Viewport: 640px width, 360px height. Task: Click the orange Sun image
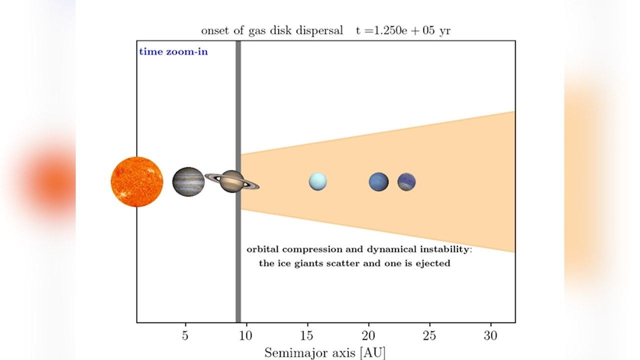137,181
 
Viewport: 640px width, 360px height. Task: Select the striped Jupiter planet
188,181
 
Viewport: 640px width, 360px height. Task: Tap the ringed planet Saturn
232,181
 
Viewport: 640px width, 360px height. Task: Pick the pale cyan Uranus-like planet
317,181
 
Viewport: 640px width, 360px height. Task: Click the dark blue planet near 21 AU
378,181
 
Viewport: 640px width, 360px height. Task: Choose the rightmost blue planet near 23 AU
406,181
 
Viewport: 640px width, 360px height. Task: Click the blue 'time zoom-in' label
173,52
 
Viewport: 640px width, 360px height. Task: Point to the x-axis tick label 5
185,335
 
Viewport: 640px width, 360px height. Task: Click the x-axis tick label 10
245,335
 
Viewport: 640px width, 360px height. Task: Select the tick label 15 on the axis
307,335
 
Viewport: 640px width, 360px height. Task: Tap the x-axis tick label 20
368,335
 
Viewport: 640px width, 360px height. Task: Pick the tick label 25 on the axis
429,335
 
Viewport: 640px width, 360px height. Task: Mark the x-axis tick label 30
490,335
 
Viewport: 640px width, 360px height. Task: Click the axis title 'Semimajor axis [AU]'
325,353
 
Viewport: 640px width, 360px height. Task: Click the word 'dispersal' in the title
319,30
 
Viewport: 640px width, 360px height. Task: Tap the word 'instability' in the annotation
446,249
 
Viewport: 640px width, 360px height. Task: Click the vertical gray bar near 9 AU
238,181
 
